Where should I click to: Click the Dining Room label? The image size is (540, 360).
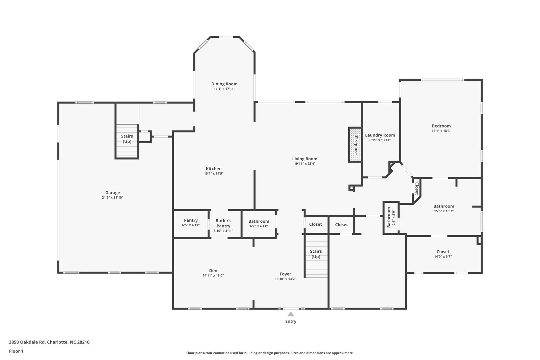tap(224, 84)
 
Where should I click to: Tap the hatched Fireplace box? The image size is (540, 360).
tap(355, 145)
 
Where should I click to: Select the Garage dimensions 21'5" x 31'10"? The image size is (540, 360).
tap(113, 198)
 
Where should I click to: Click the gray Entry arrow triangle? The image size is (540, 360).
tap(291, 314)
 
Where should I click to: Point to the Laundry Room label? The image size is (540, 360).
tap(380, 135)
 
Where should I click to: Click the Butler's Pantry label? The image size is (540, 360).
tap(223, 223)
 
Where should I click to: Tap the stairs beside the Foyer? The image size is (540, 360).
tap(316, 256)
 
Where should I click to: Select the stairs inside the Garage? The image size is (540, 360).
tap(127, 141)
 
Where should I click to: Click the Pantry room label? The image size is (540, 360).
tap(191, 220)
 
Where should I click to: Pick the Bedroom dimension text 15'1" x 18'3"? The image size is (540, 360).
tap(441, 131)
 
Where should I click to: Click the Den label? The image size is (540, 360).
tap(213, 271)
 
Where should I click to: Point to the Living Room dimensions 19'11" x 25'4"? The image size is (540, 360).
tap(305, 164)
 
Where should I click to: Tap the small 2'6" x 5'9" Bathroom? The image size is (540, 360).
tap(391, 217)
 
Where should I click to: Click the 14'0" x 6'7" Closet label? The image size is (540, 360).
tap(443, 252)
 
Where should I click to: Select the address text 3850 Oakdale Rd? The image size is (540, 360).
tap(27, 342)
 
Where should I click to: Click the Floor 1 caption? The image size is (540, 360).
tap(16, 351)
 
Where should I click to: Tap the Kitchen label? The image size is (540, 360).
tap(214, 169)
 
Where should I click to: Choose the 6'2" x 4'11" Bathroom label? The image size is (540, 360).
tap(259, 221)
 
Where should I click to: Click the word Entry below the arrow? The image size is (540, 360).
tap(291, 322)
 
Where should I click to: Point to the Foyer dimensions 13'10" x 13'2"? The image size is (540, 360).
tap(286, 279)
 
